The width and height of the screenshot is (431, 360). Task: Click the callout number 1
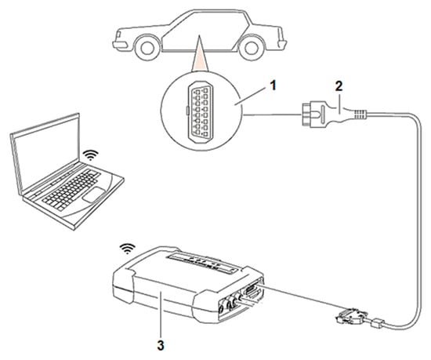click(x=273, y=85)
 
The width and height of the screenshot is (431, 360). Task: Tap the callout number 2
click(x=339, y=86)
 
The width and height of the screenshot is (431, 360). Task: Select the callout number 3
click(x=161, y=345)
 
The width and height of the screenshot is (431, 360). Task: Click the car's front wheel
click(x=147, y=48)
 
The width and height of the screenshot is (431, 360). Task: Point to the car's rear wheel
click(x=251, y=48)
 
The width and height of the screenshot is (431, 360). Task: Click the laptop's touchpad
click(x=94, y=195)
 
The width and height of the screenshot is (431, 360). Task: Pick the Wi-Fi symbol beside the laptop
click(x=91, y=155)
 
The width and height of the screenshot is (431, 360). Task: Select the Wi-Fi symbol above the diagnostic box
click(x=128, y=249)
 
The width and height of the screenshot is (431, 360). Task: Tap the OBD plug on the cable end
click(x=314, y=115)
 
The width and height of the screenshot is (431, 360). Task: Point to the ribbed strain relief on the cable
click(x=359, y=115)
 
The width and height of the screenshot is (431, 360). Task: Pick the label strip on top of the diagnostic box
click(x=201, y=264)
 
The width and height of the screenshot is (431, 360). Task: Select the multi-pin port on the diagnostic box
click(x=253, y=290)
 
